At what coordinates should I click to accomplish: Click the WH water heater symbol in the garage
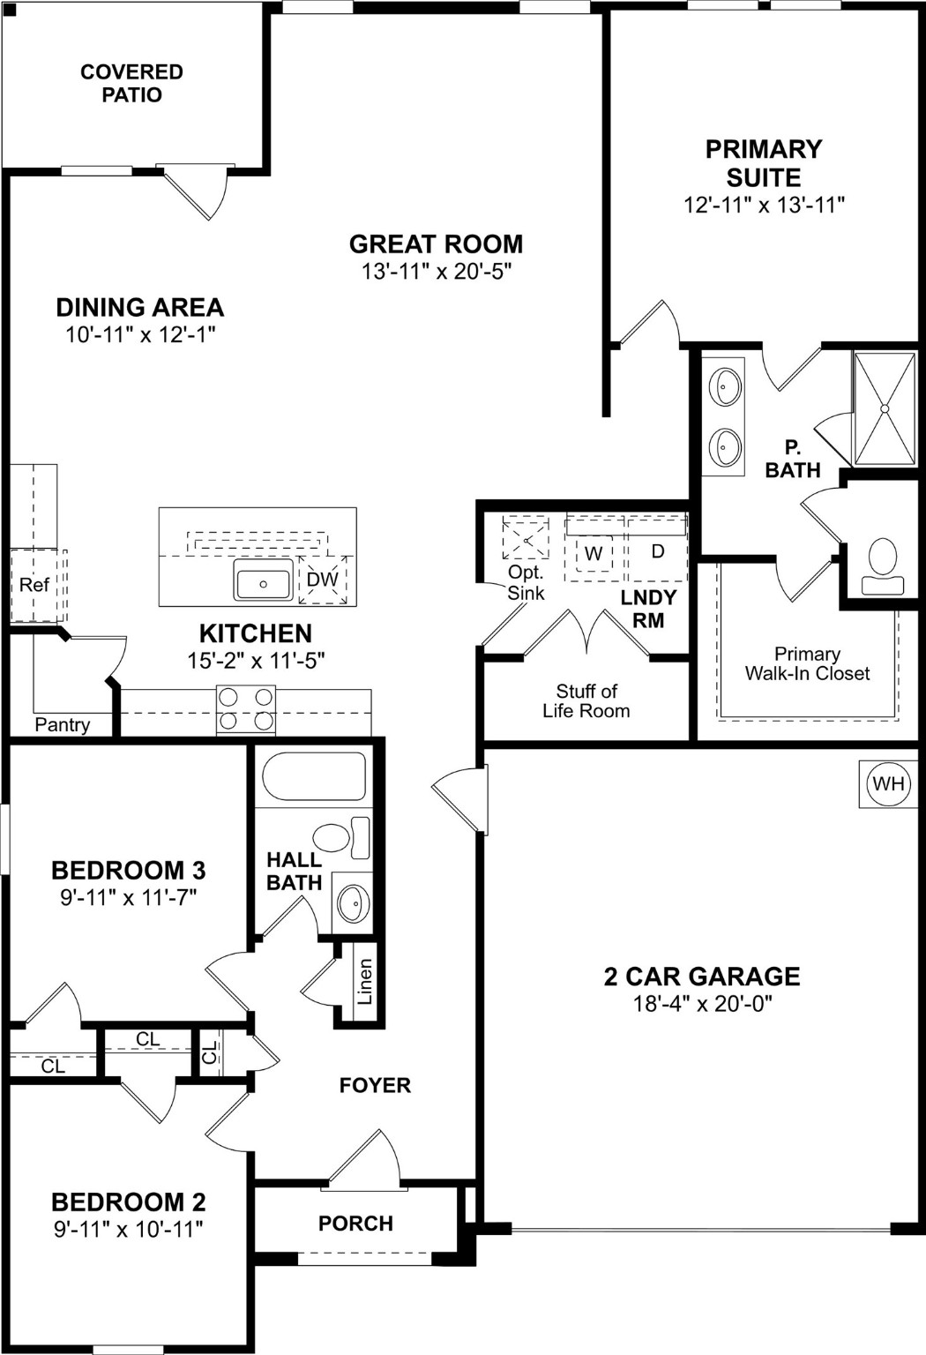click(887, 784)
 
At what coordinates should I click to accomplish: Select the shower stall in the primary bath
click(885, 408)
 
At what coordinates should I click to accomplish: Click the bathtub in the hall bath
click(314, 776)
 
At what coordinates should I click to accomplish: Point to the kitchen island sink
click(263, 583)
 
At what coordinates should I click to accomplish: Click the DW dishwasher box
click(322, 580)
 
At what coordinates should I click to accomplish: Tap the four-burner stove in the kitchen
click(246, 709)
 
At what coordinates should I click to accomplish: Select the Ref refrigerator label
click(34, 585)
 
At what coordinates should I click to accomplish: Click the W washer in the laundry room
click(594, 554)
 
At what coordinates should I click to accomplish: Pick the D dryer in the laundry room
click(657, 551)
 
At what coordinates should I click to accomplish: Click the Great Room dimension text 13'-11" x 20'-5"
click(437, 271)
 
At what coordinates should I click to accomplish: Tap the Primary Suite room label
click(764, 162)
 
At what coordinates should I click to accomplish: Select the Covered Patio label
click(131, 83)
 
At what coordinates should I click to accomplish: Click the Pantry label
click(62, 724)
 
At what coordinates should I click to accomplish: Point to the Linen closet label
click(365, 982)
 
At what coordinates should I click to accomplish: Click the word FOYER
click(375, 1085)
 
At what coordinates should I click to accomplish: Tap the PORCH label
click(355, 1224)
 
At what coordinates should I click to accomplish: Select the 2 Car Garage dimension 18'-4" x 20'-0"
click(702, 1004)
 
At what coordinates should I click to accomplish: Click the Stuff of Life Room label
click(586, 701)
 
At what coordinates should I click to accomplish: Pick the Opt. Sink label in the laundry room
click(526, 583)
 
